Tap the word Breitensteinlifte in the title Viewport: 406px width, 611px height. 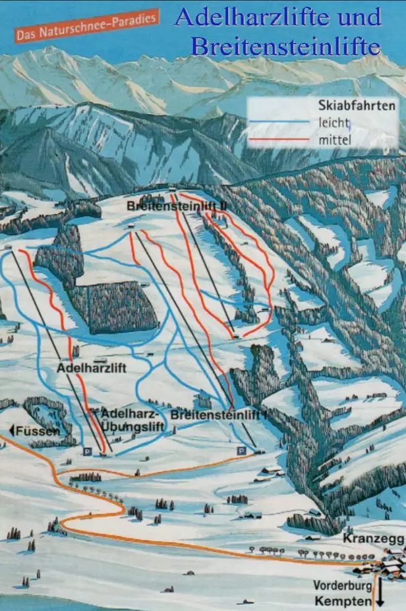(x=285, y=46)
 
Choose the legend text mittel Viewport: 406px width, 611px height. (x=335, y=139)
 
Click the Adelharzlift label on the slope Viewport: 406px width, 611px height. (x=91, y=367)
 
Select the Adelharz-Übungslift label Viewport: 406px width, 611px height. (x=132, y=420)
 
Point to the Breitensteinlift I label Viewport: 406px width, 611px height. (x=218, y=415)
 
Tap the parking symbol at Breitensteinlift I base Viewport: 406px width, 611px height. (x=241, y=450)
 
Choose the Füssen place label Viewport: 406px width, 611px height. (x=38, y=430)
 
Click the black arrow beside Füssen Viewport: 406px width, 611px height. (x=11, y=430)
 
